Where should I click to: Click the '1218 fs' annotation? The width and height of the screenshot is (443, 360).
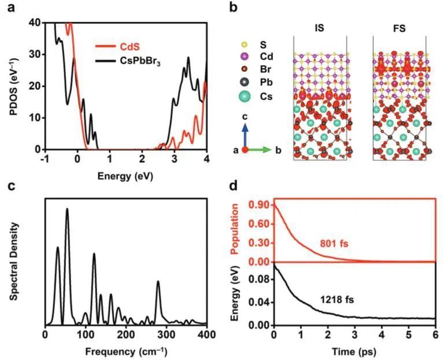pyautogui.click(x=337, y=300)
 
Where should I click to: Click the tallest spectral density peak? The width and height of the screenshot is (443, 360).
pyautogui.click(x=67, y=210)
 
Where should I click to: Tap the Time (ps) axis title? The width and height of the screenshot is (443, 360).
pyautogui.click(x=355, y=351)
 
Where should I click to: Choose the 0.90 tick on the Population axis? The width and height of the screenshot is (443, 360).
pyautogui.click(x=261, y=205)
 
